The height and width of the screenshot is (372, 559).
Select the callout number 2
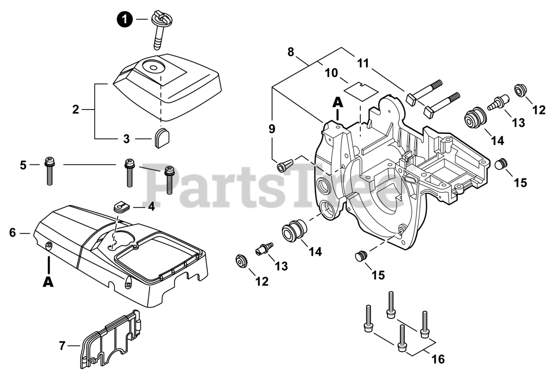(76, 109)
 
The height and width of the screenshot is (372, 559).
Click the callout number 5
(23, 165)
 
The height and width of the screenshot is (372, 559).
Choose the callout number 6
(12, 233)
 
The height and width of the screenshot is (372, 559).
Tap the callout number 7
(62, 346)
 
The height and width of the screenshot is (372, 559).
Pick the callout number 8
(291, 52)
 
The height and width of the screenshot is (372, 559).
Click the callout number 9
(272, 129)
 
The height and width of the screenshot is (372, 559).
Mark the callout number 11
(362, 63)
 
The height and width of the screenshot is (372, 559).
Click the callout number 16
(438, 359)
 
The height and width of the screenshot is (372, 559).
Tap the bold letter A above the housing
(337, 102)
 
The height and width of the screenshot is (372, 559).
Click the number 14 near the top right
(497, 141)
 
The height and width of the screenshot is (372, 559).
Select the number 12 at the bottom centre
(262, 281)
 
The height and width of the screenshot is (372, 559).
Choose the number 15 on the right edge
(520, 182)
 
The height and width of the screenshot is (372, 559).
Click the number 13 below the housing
(282, 266)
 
